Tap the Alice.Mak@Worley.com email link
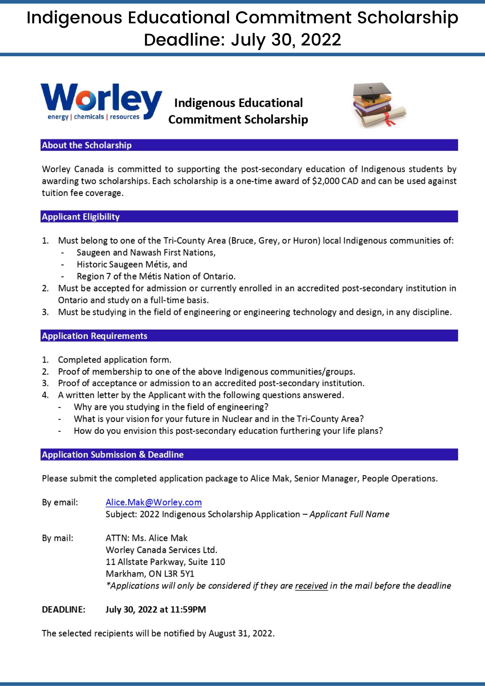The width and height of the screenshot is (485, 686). click(x=153, y=502)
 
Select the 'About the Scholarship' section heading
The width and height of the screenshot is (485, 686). click(x=87, y=145)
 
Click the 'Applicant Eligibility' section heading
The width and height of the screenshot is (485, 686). click(x=81, y=217)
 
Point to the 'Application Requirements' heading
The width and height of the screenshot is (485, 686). click(x=95, y=336)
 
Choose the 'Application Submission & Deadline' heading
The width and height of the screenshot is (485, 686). click(x=113, y=455)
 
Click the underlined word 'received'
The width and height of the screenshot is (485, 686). click(x=311, y=586)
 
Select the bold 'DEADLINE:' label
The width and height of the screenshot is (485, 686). click(x=63, y=610)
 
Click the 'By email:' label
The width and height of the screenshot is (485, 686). click(x=60, y=502)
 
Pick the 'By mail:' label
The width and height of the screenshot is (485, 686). click(x=58, y=538)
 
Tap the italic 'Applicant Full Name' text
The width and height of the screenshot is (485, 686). click(x=349, y=514)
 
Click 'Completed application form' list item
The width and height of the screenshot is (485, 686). click(x=114, y=360)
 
